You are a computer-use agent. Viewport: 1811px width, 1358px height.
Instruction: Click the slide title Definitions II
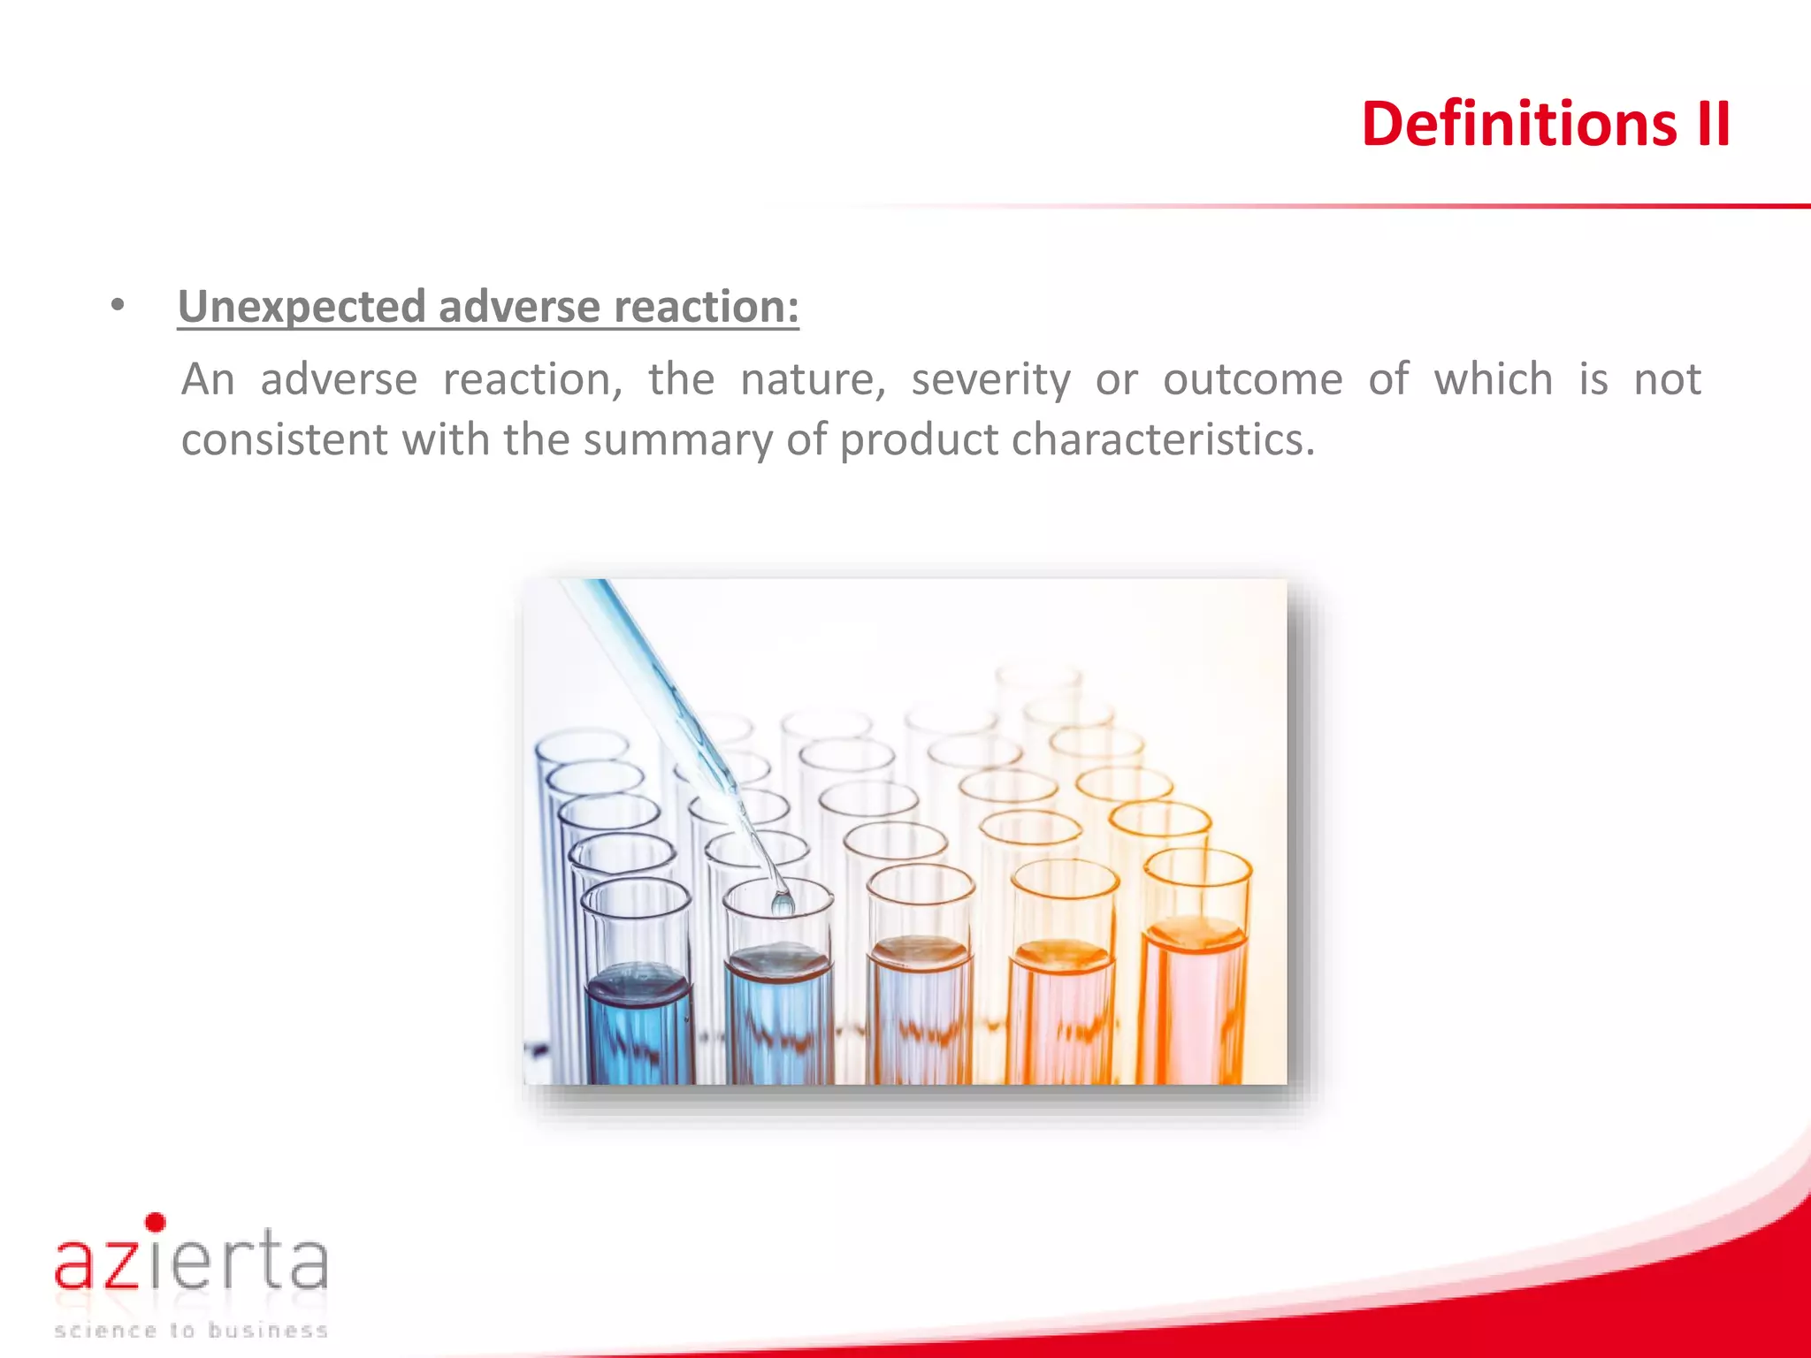tap(1545, 124)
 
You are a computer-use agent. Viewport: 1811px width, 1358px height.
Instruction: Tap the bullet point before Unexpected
tap(118, 307)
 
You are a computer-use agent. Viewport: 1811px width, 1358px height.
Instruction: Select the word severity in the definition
tap(990, 380)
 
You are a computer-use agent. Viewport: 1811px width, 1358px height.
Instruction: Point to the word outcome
tap(1252, 380)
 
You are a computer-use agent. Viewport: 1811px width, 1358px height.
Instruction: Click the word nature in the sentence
tap(813, 380)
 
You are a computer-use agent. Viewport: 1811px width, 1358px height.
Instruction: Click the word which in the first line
tap(1494, 380)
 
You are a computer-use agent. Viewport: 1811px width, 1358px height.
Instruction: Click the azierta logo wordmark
tap(191, 1260)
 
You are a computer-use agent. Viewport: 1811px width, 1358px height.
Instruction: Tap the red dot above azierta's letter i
tap(156, 1223)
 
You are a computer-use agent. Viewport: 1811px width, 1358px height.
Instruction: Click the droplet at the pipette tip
tap(783, 904)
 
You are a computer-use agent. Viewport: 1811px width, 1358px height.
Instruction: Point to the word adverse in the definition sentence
tap(339, 380)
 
